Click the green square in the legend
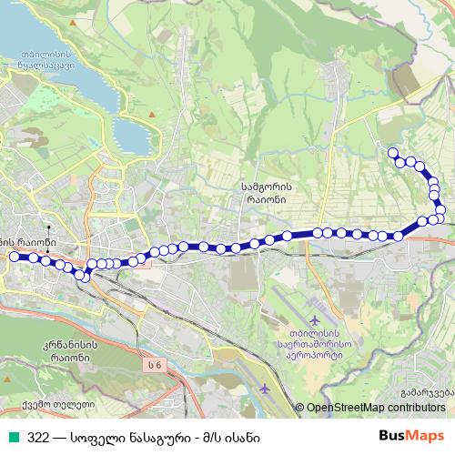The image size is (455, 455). tap(13, 437)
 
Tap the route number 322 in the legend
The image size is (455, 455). tap(38, 437)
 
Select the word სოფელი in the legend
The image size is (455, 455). tap(98, 437)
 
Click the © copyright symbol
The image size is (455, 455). tap(300, 409)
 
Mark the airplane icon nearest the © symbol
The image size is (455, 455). tap(265, 389)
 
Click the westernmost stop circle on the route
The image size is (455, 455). tap(14, 257)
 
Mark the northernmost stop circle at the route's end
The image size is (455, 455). tap(393, 152)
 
